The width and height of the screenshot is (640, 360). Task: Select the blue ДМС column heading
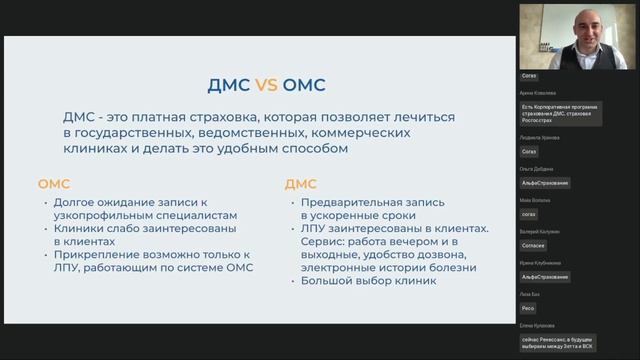coord(301,184)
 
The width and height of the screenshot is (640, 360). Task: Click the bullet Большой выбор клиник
coord(369,281)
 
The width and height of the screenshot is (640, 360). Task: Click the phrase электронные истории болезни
coord(389,267)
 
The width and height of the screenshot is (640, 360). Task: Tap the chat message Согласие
coord(534,245)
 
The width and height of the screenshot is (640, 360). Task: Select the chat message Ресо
coord(528,309)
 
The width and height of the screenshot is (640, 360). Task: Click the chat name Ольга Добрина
coord(537,169)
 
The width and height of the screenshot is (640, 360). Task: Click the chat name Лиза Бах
coord(529,295)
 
